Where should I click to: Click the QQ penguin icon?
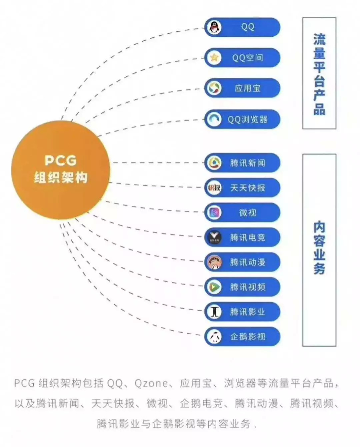pyautogui.click(x=214, y=27)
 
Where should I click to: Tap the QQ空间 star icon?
pyautogui.click(x=214, y=58)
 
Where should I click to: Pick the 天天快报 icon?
pyautogui.click(x=214, y=188)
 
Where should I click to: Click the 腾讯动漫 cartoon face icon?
pyautogui.click(x=214, y=262)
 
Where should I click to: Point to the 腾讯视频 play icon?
pyautogui.click(x=214, y=287)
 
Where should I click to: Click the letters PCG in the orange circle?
pyautogui.click(x=60, y=161)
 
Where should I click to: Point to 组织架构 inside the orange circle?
pyautogui.click(x=60, y=177)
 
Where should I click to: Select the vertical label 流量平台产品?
pyautogui.click(x=319, y=74)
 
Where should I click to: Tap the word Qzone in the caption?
pyautogui.click(x=151, y=384)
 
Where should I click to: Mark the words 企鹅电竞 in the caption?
pyautogui.click(x=201, y=404)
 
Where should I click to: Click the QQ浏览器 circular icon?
pyautogui.click(x=214, y=119)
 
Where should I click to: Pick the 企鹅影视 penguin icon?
pyautogui.click(x=214, y=337)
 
